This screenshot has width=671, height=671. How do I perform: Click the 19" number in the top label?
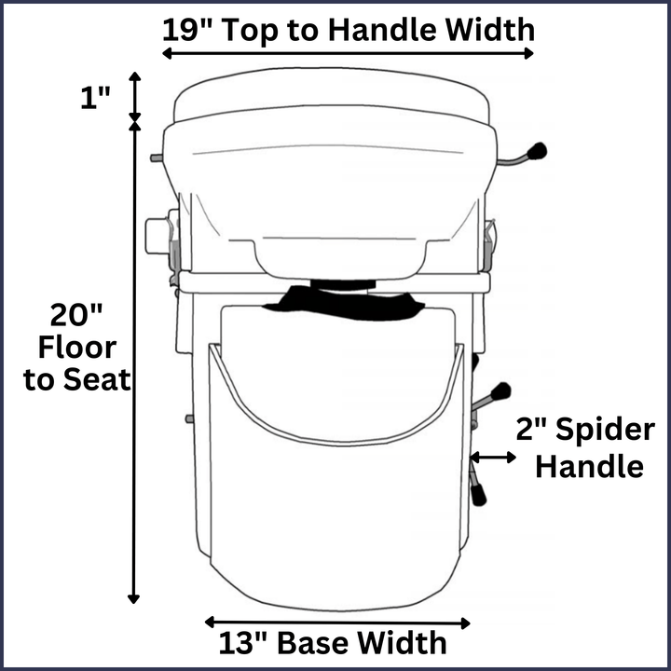point(185,28)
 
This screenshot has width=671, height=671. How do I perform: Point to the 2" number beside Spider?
point(535,431)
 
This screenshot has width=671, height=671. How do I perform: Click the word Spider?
point(604,431)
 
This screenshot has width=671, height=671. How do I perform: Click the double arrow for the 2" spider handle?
point(494,457)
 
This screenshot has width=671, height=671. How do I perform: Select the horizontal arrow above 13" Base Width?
point(336,621)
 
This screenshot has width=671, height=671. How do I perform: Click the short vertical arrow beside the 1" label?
point(136,96)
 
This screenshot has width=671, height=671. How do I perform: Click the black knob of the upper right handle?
point(537,151)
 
